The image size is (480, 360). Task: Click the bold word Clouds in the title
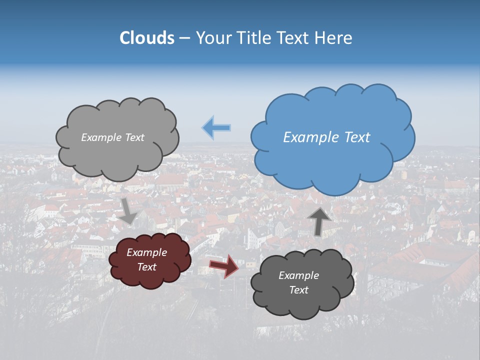(x=147, y=38)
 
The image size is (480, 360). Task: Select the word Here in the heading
(x=335, y=38)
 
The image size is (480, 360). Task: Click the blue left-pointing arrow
(x=216, y=127)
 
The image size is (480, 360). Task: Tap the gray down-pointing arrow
(x=128, y=210)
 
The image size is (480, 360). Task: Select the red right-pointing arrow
(x=223, y=265)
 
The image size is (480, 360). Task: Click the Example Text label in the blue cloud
(x=326, y=137)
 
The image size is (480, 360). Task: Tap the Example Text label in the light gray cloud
(x=112, y=137)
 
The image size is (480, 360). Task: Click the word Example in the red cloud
(x=146, y=252)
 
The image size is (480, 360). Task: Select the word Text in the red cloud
(x=146, y=267)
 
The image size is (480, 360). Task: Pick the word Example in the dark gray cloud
(x=298, y=275)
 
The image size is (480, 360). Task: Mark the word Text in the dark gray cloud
(x=298, y=290)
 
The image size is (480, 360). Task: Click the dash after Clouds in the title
(x=184, y=38)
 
